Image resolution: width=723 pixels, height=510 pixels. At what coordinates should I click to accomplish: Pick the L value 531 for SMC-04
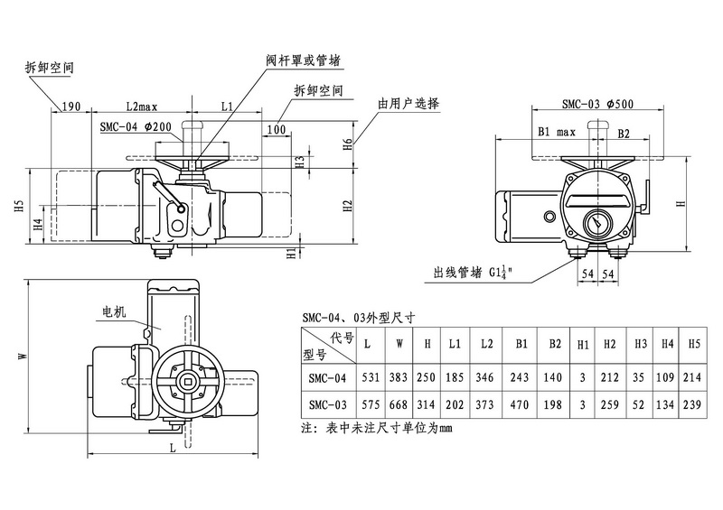pyautogui.click(x=366, y=378)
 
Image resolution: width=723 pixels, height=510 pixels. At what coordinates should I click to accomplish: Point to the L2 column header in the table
pyautogui.click(x=487, y=345)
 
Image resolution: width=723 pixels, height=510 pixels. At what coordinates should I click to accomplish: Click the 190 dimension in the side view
pyautogui.click(x=72, y=107)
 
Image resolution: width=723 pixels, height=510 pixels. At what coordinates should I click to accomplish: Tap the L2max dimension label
pyautogui.click(x=142, y=107)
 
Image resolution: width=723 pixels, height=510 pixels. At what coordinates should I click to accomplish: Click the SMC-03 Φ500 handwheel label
pyautogui.click(x=597, y=104)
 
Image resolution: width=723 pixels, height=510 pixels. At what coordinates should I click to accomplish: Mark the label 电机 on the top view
pyautogui.click(x=114, y=311)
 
